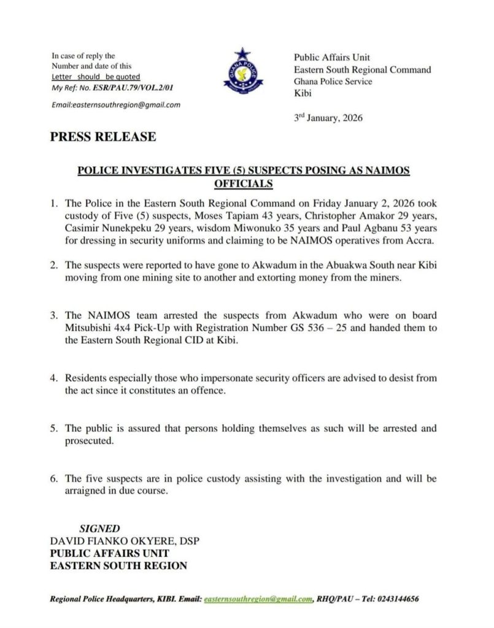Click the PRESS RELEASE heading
coord(102,137)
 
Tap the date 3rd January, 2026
coord(328,118)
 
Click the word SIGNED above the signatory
coord(100,528)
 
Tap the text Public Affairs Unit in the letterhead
coord(331,58)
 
